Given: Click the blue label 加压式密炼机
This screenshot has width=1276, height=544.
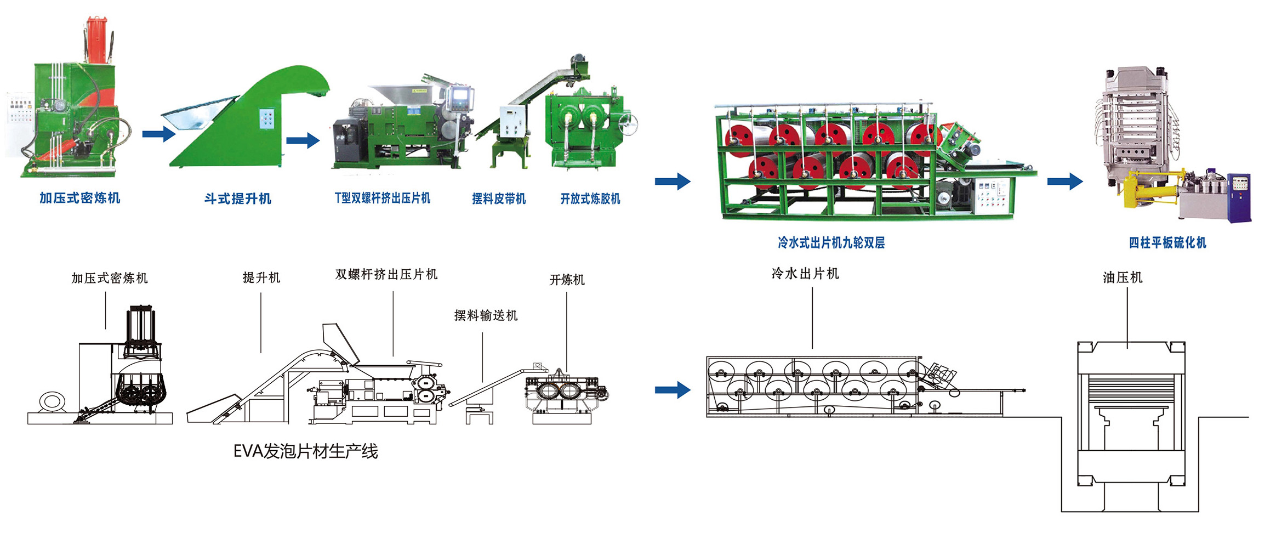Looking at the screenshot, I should [79, 198].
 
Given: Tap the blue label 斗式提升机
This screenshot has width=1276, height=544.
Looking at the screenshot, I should [238, 199].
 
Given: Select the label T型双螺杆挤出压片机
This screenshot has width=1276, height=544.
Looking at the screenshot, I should [383, 198].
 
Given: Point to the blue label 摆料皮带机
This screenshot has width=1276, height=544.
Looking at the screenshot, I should [499, 199].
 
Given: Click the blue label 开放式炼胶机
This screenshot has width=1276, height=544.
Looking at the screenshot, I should [590, 199].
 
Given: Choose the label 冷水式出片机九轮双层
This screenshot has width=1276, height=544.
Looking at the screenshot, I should [831, 242].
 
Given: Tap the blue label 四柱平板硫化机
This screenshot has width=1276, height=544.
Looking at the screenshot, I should [1167, 242].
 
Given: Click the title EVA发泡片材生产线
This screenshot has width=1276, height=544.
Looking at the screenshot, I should [305, 451].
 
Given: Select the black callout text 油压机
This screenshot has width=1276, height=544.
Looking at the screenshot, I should [1123, 277].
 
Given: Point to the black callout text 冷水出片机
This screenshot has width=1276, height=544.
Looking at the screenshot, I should [805, 273].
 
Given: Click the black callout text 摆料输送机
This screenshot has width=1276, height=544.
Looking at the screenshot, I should [486, 315].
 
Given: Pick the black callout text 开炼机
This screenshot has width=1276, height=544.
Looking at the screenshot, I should [567, 280].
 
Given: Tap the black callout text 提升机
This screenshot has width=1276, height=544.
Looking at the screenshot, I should [261, 277].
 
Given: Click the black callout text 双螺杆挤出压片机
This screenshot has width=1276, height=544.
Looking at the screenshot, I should [386, 274].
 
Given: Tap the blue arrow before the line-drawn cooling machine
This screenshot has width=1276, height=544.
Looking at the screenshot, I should [673, 390].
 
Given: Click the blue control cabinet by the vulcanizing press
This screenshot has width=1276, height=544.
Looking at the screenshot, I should [1240, 197].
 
